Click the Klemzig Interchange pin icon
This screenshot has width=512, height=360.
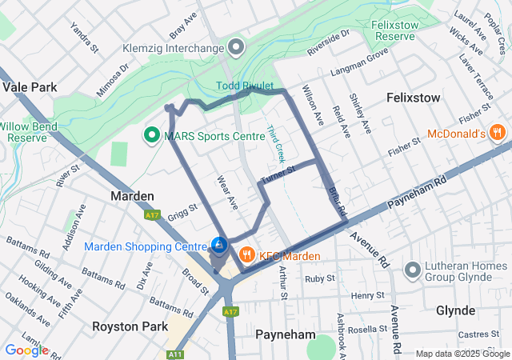(x=235, y=48)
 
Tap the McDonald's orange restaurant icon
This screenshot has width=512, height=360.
(x=497, y=132)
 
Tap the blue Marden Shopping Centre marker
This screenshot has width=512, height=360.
(x=220, y=244)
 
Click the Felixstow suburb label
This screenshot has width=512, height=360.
(x=413, y=98)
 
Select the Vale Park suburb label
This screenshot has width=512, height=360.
(x=30, y=87)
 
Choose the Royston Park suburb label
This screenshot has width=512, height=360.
(x=130, y=326)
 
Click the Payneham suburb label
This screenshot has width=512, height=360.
(x=281, y=334)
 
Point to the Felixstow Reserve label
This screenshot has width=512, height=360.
(x=397, y=31)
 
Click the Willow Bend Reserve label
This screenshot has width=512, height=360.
(x=33, y=132)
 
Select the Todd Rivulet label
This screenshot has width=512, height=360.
(x=245, y=86)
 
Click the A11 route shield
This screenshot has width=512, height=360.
(x=174, y=353)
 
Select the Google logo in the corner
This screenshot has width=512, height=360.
(x=26, y=350)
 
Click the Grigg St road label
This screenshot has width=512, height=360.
(x=183, y=212)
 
